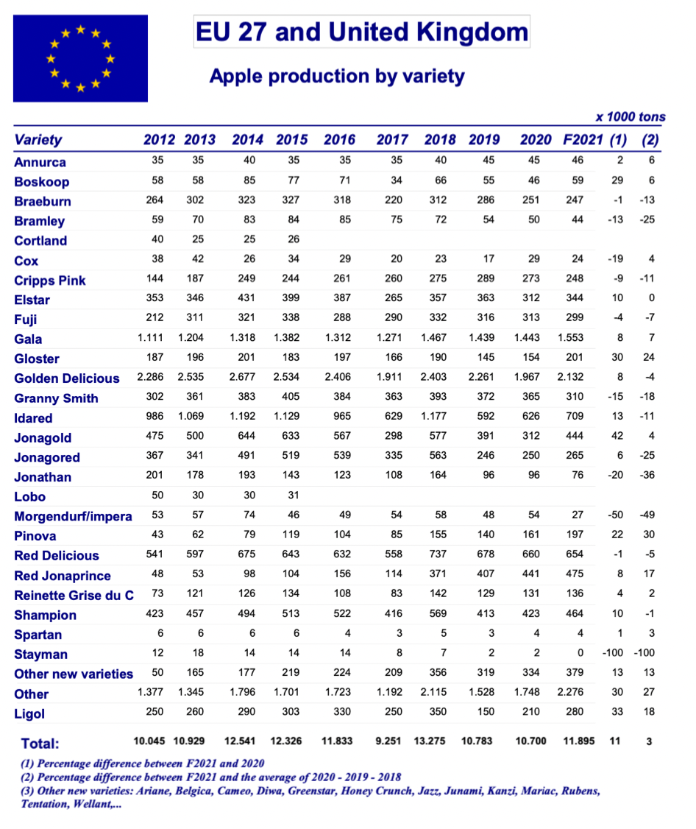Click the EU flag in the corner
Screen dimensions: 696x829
click(80, 58)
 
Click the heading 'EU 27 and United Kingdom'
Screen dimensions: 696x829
click(362, 32)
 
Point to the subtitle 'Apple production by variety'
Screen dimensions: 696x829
click(337, 76)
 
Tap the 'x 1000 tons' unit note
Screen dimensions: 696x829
click(631, 117)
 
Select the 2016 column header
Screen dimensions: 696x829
click(339, 140)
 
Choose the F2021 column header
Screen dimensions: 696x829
click(583, 140)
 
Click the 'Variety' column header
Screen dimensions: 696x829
click(38, 140)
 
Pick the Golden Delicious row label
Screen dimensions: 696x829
click(67, 378)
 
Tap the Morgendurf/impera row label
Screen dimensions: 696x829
click(73, 517)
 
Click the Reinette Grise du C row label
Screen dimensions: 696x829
click(74, 596)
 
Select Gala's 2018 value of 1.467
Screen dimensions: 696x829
click(434, 337)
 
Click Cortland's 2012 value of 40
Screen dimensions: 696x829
click(157, 239)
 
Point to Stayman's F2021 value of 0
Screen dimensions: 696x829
click(580, 653)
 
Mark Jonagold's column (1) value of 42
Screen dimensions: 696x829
click(617, 436)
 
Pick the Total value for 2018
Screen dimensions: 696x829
click(430, 741)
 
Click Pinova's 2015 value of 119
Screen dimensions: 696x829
click(291, 535)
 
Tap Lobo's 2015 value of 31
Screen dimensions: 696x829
click(294, 495)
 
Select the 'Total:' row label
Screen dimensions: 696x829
click(40, 744)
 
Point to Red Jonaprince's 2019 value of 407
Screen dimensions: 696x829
click(486, 574)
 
